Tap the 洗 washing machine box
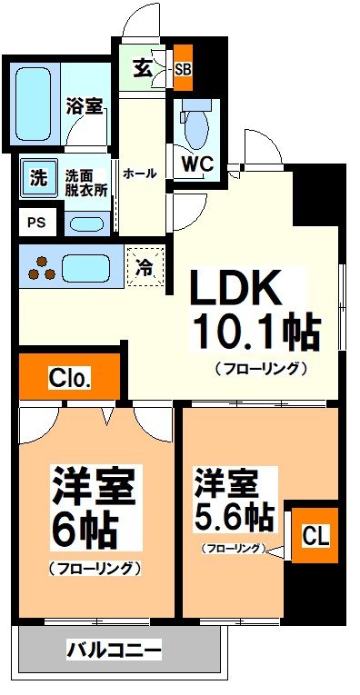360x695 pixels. click(37, 178)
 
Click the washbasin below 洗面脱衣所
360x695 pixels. click(85, 223)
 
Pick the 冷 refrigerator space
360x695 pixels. click(145, 267)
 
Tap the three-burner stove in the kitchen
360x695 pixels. click(39, 269)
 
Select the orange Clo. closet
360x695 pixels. click(69, 377)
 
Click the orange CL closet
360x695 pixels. click(311, 536)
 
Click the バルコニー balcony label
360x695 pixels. click(115, 650)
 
